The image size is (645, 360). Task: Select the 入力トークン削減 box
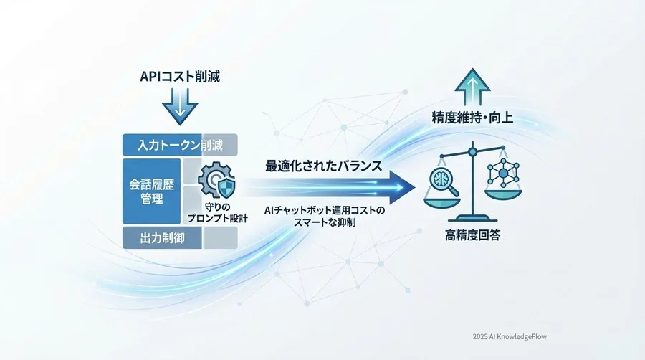180,145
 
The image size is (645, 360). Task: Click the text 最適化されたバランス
323,166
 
